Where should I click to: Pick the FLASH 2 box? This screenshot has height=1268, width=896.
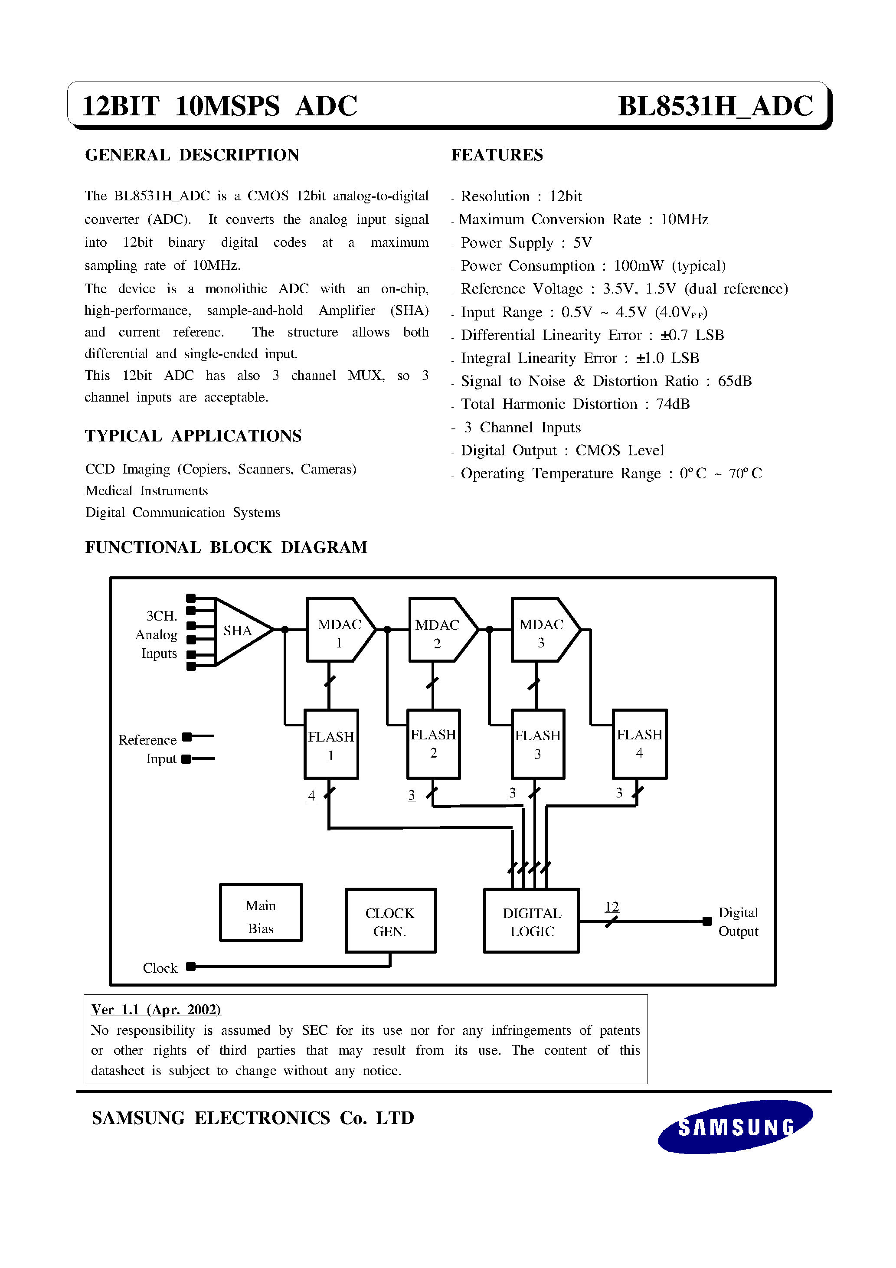tap(434, 743)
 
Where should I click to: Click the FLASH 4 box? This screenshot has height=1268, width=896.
tap(639, 743)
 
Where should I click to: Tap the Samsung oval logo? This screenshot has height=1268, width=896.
tap(735, 1126)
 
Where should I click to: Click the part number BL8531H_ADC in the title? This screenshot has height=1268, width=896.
tap(715, 106)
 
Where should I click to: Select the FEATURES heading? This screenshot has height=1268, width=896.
tap(497, 155)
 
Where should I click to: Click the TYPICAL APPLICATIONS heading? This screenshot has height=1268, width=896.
tap(193, 436)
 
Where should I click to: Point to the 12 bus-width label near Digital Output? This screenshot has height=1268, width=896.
tap(612, 906)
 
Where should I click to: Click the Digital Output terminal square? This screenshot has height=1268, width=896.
tap(707, 921)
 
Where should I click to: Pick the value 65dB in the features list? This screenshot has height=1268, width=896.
tap(734, 381)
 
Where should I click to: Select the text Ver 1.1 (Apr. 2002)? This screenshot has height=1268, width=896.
tap(156, 1010)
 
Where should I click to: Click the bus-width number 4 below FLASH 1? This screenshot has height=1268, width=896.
tap(311, 795)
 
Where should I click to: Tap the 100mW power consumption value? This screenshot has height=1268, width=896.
tap(638, 266)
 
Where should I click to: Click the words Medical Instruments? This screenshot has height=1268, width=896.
tap(147, 491)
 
